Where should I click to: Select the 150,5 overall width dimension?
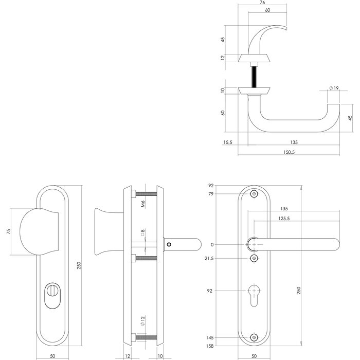289,152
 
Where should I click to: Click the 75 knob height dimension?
7,231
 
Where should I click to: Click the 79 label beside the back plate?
211,194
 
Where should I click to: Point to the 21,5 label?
209,258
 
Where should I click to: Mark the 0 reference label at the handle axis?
212,245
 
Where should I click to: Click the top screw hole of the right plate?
254,194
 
